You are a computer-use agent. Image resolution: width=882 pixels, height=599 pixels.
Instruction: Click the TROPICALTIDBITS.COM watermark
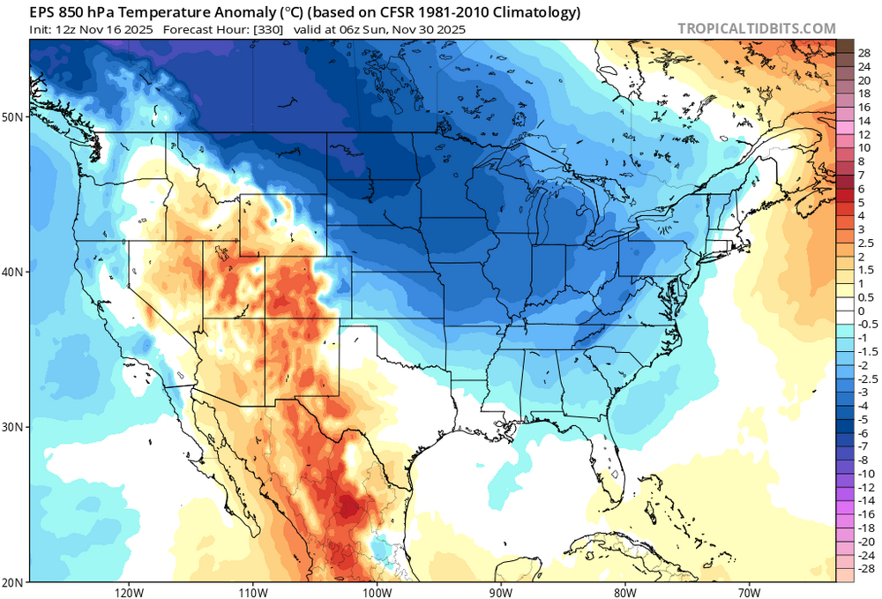pyautogui.click(x=757, y=28)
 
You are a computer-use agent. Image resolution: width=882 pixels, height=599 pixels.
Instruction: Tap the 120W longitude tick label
pyautogui.click(x=129, y=590)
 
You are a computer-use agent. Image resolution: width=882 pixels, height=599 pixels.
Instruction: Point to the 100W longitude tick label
pyautogui.click(x=377, y=590)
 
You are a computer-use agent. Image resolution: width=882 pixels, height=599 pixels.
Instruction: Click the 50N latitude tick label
pyautogui.click(x=14, y=116)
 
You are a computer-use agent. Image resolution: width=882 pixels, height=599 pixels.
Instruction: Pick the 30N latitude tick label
pyautogui.click(x=14, y=427)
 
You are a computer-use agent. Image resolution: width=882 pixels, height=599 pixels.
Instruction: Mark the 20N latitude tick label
pyautogui.click(x=14, y=582)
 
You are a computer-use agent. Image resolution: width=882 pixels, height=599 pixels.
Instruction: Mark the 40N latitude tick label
pyautogui.click(x=14, y=272)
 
